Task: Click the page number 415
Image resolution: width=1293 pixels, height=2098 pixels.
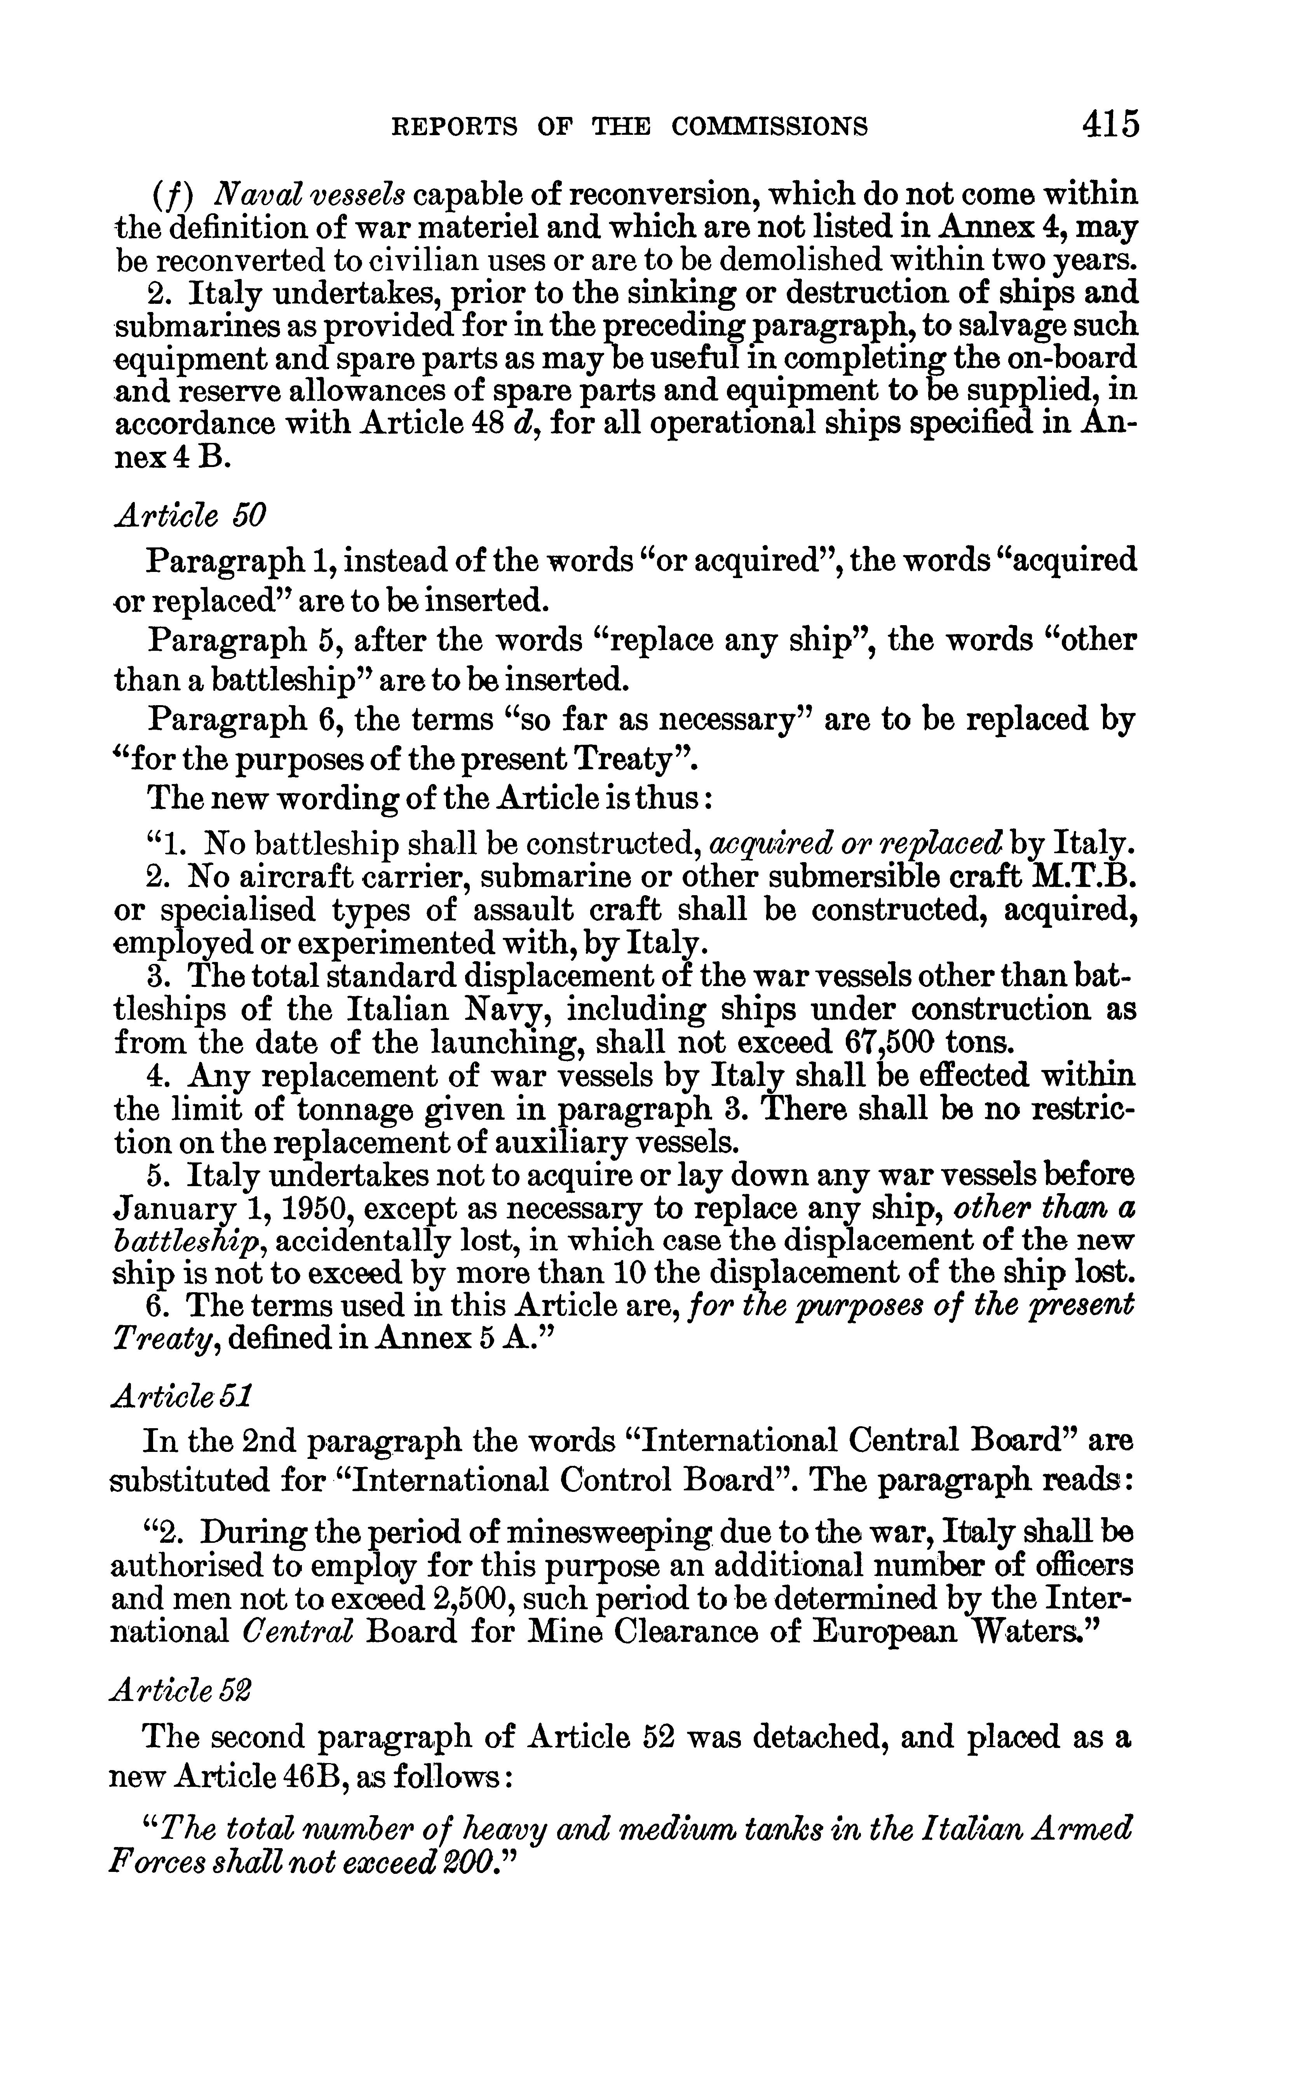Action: click(x=1110, y=125)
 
